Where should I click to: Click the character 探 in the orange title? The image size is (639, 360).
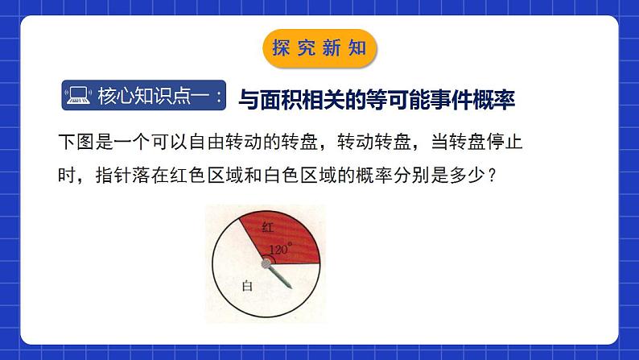click(282, 48)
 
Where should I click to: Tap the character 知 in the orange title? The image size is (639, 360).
click(357, 48)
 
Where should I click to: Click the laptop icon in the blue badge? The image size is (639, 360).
click(78, 98)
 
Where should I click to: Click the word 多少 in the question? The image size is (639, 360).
click(474, 174)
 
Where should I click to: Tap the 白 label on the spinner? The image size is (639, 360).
click(248, 286)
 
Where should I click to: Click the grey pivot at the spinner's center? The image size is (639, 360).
click(265, 263)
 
